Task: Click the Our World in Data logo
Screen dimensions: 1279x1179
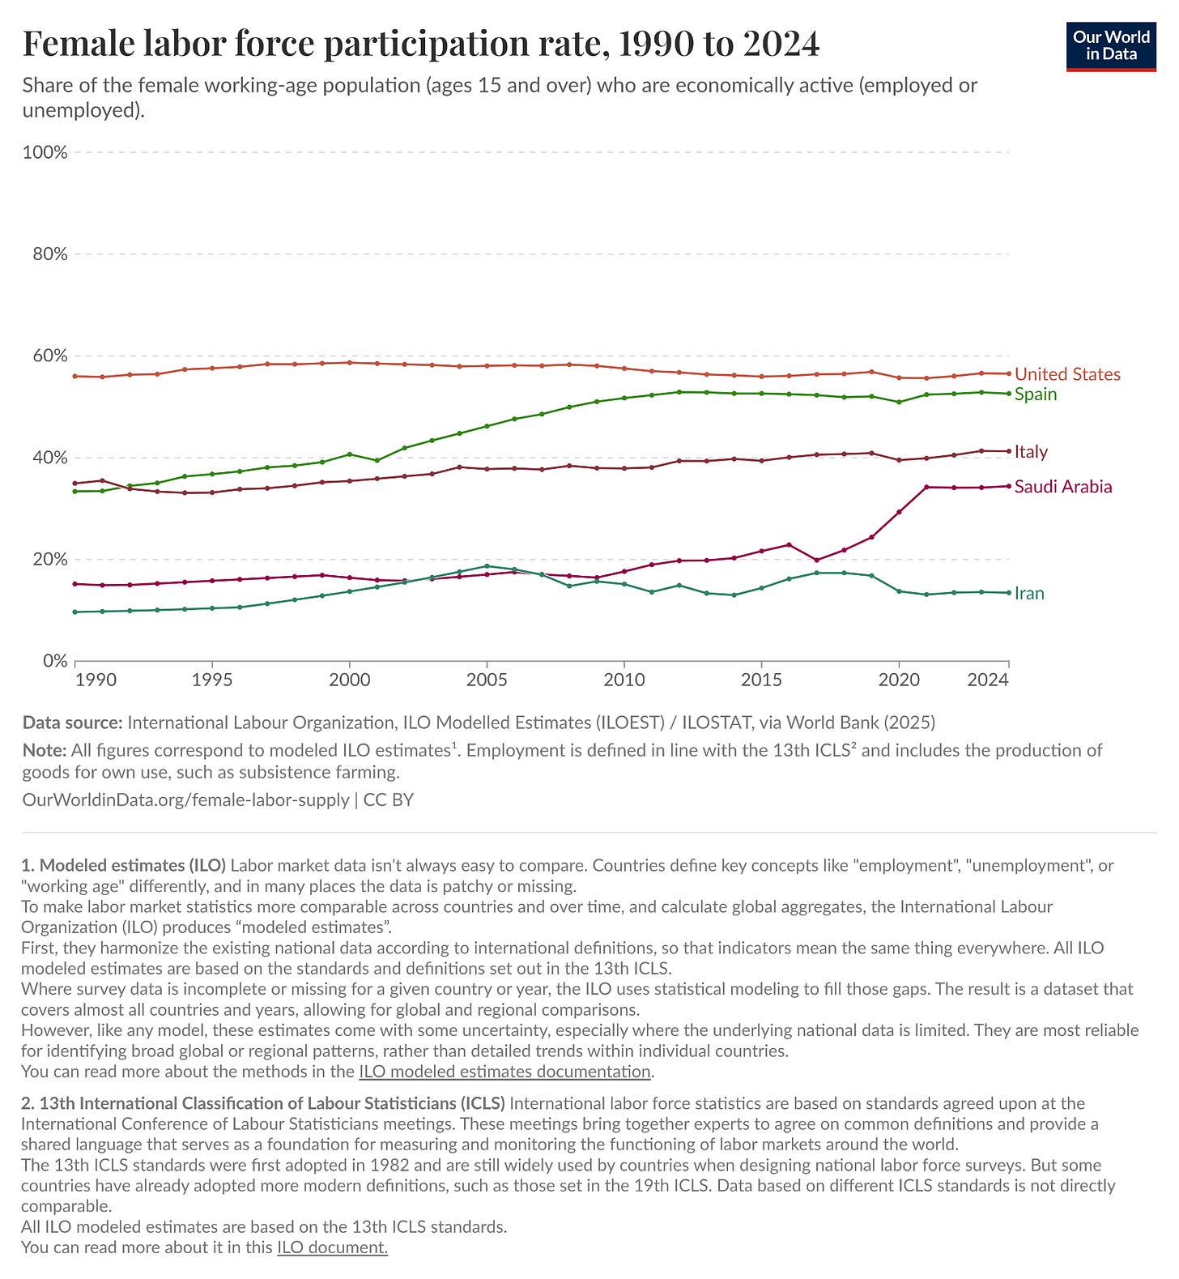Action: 1111,46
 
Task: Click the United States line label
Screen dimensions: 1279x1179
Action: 1067,374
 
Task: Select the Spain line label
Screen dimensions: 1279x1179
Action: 1036,394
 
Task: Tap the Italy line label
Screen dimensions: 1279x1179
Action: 1031,452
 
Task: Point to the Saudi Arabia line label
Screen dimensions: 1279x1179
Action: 1063,487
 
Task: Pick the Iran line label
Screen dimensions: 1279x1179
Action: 1029,594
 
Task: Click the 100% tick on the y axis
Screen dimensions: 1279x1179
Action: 45,152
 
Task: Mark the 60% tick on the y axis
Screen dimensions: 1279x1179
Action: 49,356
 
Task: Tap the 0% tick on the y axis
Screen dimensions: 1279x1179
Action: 54,661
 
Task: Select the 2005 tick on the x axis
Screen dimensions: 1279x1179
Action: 487,680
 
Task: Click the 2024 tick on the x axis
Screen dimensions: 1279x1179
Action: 988,680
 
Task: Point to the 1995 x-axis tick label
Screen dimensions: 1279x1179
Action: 212,680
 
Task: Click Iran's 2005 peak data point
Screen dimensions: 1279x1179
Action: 487,566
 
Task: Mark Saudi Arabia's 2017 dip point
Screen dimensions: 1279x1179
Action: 816,561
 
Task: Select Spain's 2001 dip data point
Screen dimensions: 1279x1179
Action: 377,460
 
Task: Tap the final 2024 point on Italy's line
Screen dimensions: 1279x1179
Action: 1008,451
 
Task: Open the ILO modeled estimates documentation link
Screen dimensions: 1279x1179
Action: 505,1072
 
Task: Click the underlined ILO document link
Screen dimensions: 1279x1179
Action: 332,1247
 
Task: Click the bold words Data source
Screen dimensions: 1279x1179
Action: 72,723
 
